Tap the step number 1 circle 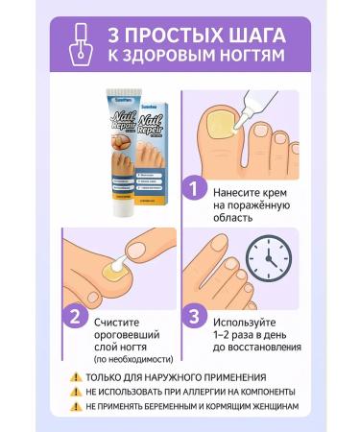coord(197,188)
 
